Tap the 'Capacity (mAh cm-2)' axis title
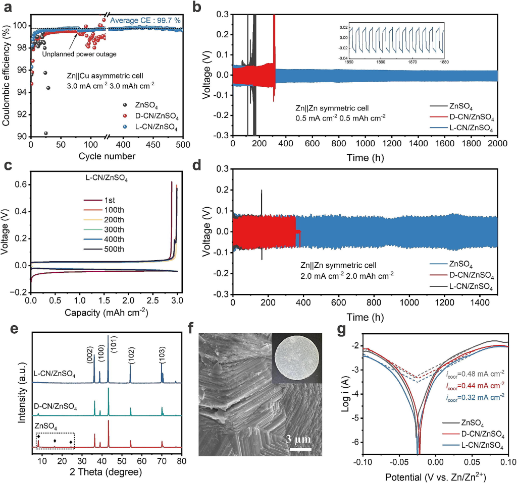click(x=106, y=313)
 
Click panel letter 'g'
click(x=342, y=330)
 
